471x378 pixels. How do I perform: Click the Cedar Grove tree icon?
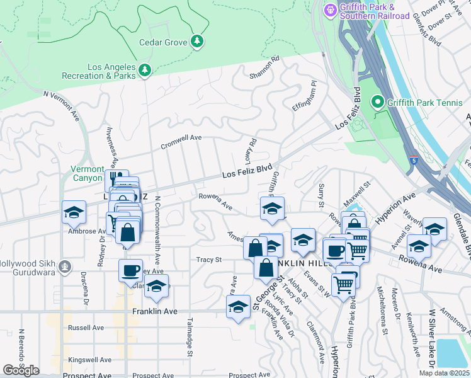click(x=198, y=41)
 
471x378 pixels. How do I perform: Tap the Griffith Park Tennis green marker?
click(x=378, y=101)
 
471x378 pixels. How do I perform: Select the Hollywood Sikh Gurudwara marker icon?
click(x=64, y=267)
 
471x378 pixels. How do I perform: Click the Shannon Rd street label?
click(x=264, y=67)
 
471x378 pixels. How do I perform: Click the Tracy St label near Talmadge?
click(x=209, y=260)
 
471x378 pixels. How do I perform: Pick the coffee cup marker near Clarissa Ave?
click(x=130, y=270)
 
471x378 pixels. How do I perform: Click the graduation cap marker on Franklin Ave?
click(x=238, y=307)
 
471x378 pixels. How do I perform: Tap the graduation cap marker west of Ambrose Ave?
click(x=74, y=212)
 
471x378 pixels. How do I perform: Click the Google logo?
click(x=21, y=370)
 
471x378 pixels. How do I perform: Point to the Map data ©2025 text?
click(x=444, y=373)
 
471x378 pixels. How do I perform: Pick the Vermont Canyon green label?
click(x=87, y=174)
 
